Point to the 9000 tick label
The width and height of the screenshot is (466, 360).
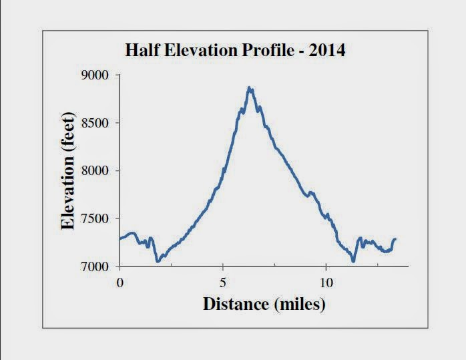click(95, 75)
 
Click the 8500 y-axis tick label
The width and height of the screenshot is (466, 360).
click(95, 123)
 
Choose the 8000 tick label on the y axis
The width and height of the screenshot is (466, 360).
click(95, 171)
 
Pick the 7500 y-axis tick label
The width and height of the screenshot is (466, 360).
click(95, 219)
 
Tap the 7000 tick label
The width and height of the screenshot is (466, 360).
click(95, 266)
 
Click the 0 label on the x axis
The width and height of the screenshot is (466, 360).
click(120, 281)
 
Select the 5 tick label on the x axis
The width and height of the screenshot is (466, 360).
click(223, 281)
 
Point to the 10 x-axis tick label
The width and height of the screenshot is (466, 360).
click(326, 281)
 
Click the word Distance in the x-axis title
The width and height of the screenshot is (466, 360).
click(235, 305)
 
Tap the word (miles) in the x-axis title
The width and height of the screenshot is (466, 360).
click(298, 305)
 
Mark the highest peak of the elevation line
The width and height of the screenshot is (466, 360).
click(249, 87)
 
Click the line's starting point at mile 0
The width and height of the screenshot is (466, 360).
click(120, 238)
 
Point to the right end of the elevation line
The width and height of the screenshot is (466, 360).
click(395, 239)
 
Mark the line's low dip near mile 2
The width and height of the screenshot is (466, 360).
click(158, 261)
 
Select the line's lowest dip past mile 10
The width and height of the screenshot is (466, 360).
click(353, 260)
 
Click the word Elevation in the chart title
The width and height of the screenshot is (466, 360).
click(202, 51)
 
